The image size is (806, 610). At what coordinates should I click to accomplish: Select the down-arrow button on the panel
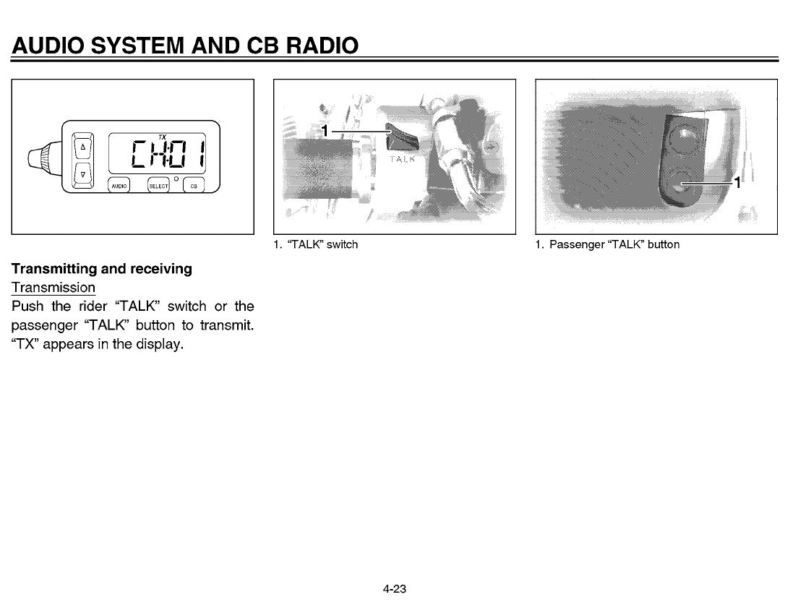point(82,174)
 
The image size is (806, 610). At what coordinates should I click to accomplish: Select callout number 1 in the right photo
point(737,182)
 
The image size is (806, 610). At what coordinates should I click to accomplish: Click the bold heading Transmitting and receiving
point(101,269)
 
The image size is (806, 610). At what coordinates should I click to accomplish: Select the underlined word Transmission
point(53,287)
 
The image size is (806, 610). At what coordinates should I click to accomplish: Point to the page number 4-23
point(395,589)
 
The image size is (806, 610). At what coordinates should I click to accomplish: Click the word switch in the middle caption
point(342,244)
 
